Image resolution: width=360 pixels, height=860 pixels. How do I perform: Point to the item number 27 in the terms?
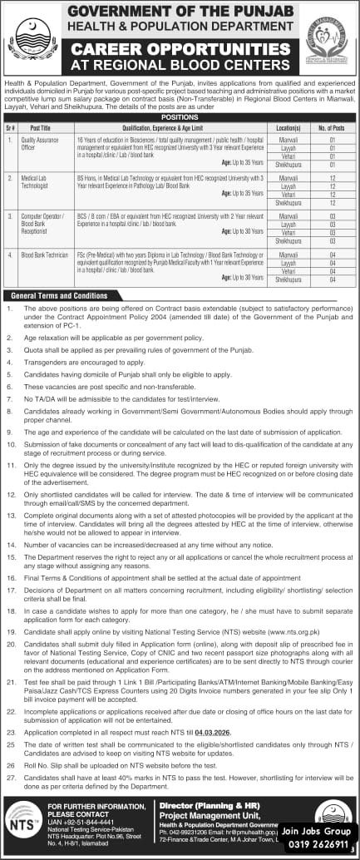point(9,775)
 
